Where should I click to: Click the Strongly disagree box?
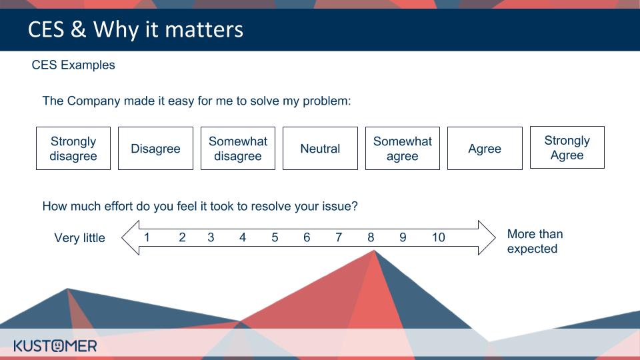click(x=73, y=148)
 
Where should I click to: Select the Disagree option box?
click(x=155, y=148)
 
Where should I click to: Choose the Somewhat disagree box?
click(x=238, y=148)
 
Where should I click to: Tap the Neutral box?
click(x=320, y=148)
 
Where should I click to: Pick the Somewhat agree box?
click(x=403, y=148)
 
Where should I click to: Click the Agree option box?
click(x=485, y=148)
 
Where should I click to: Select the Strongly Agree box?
click(x=567, y=147)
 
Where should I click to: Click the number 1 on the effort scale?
click(x=147, y=237)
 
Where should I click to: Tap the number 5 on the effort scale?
click(x=275, y=237)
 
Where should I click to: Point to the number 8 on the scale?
click(x=371, y=237)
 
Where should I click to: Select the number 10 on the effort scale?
click(x=439, y=237)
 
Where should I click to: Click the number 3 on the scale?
click(x=211, y=237)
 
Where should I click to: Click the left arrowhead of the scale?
click(x=131, y=237)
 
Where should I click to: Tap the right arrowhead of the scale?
click(x=487, y=237)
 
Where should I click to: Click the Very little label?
click(x=79, y=238)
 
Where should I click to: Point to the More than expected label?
click(x=535, y=241)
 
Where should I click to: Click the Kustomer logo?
click(x=55, y=346)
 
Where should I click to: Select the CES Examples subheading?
click(x=73, y=65)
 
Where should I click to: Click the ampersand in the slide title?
click(x=78, y=29)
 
